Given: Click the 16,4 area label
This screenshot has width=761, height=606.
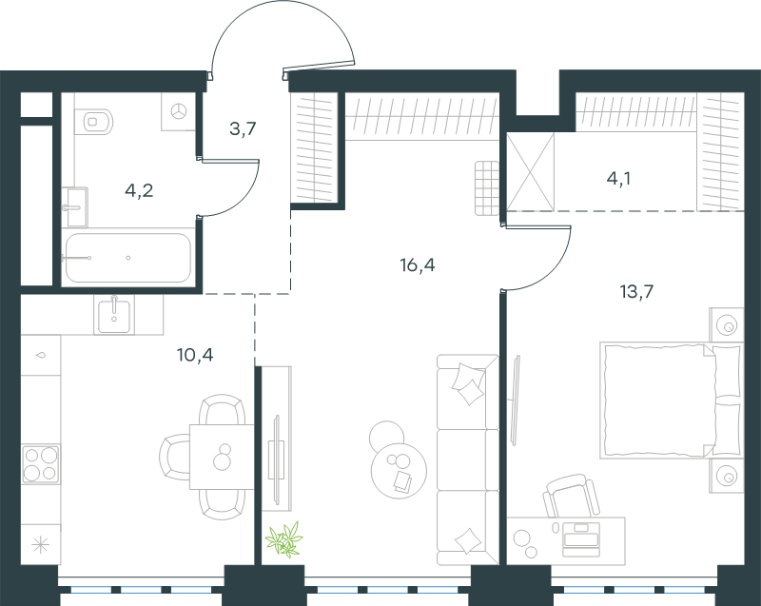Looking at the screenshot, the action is coord(418,264).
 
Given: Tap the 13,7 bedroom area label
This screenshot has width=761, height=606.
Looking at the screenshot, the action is coord(636,292).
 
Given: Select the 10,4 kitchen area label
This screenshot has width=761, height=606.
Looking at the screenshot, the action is coord(195,355).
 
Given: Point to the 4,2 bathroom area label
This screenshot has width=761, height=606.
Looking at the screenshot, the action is coord(139,190).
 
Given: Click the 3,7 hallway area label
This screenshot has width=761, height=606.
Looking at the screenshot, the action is coord(243,129).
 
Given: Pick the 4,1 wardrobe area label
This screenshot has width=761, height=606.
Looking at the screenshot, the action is coord(619,179).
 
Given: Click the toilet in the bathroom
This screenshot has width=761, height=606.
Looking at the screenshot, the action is coord(98,121).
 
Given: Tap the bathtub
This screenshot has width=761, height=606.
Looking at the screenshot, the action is coord(128,258).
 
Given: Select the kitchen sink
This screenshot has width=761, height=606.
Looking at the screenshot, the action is coord(114,316).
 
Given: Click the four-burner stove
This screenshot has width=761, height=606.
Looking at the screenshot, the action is coord(41,464).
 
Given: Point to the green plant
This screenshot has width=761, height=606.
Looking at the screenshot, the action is coord(284,539).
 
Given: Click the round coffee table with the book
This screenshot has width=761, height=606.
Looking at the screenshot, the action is coord(399,470).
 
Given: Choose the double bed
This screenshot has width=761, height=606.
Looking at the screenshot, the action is coord(672,401).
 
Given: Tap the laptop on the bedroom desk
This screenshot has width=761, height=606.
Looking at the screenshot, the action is coord(581,539).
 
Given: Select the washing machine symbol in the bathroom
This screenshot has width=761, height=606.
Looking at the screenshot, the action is coord(179,111).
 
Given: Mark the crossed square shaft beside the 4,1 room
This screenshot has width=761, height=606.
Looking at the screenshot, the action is coord(531,172).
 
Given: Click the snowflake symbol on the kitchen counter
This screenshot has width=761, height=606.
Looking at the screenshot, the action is coord(41,544).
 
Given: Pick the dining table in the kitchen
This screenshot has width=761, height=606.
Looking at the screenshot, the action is coord(222,457).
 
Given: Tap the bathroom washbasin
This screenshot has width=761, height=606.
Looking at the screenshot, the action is coord(77,207).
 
